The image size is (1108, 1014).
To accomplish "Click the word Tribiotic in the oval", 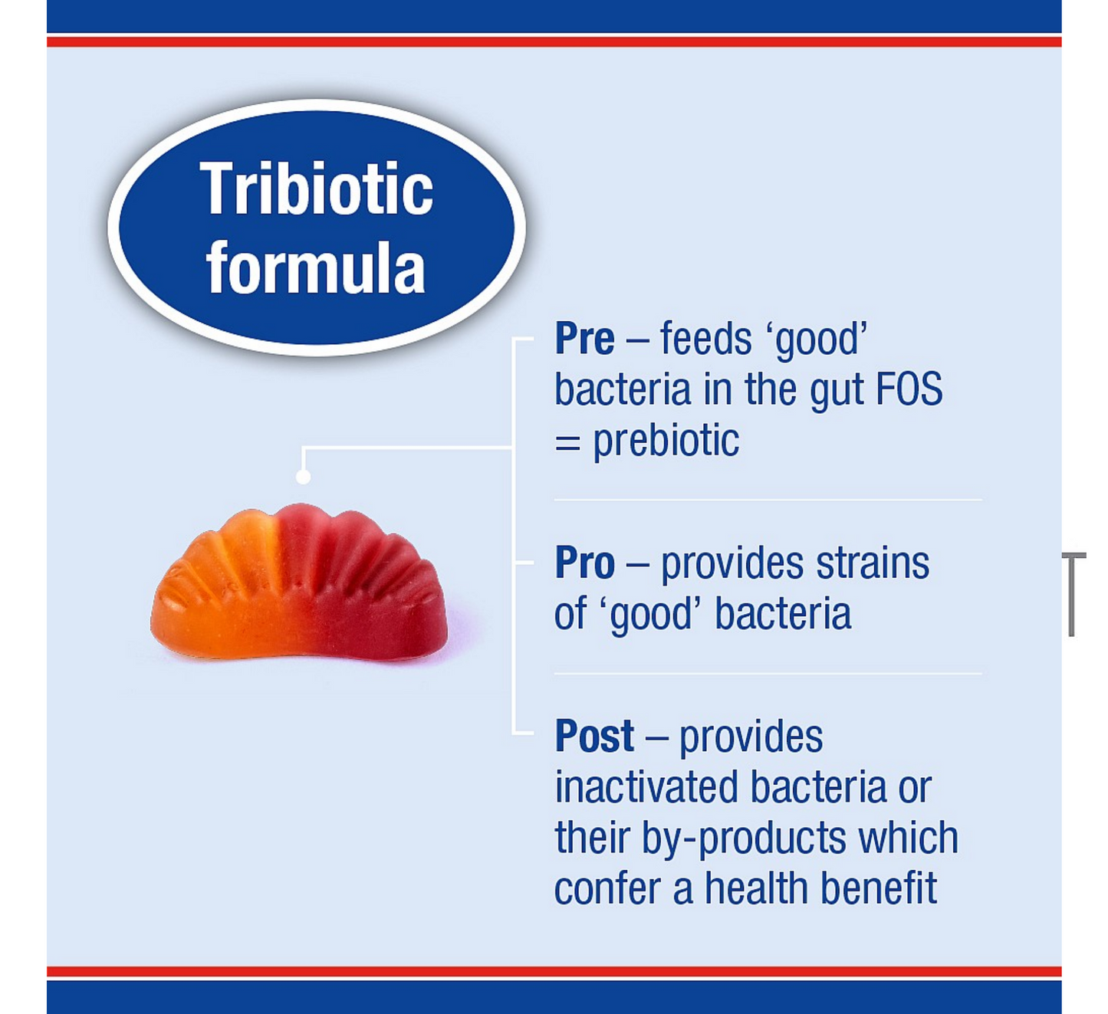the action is tap(317, 189).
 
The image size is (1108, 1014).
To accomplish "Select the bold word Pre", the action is tap(584, 339).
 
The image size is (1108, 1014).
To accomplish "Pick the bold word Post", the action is tap(594, 736).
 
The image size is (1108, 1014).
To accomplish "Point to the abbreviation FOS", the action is tap(909, 389).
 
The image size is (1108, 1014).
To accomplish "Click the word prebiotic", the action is tap(666, 441).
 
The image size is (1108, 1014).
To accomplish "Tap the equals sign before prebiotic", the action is tap(567, 444).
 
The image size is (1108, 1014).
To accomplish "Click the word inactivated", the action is tap(646, 786).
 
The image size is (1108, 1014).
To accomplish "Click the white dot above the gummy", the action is tap(303, 476).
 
